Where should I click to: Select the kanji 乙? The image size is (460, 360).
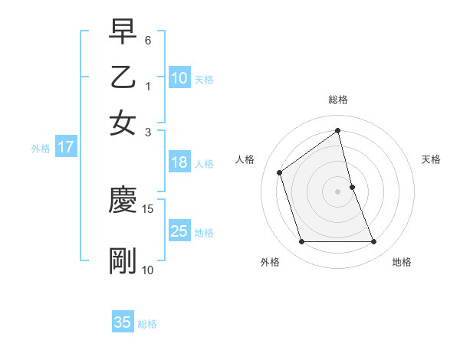[123, 78]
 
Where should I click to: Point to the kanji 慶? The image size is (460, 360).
[123, 201]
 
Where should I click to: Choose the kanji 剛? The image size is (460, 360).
[123, 261]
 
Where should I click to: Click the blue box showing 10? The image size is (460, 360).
[179, 78]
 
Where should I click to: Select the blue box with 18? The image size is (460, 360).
[179, 162]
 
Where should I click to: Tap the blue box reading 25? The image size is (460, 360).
[179, 231]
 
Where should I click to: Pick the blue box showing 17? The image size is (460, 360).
[66, 148]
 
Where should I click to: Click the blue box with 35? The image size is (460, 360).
[123, 322]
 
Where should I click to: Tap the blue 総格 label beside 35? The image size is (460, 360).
[147, 324]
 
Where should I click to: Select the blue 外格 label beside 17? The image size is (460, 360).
[40, 149]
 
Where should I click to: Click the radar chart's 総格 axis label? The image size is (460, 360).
[338, 100]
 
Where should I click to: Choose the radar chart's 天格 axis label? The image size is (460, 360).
[431, 159]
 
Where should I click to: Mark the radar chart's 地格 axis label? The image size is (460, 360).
[402, 262]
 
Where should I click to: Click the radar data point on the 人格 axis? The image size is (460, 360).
[280, 172]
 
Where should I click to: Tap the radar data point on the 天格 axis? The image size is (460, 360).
[352, 187]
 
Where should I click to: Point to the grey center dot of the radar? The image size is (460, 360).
[338, 191]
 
